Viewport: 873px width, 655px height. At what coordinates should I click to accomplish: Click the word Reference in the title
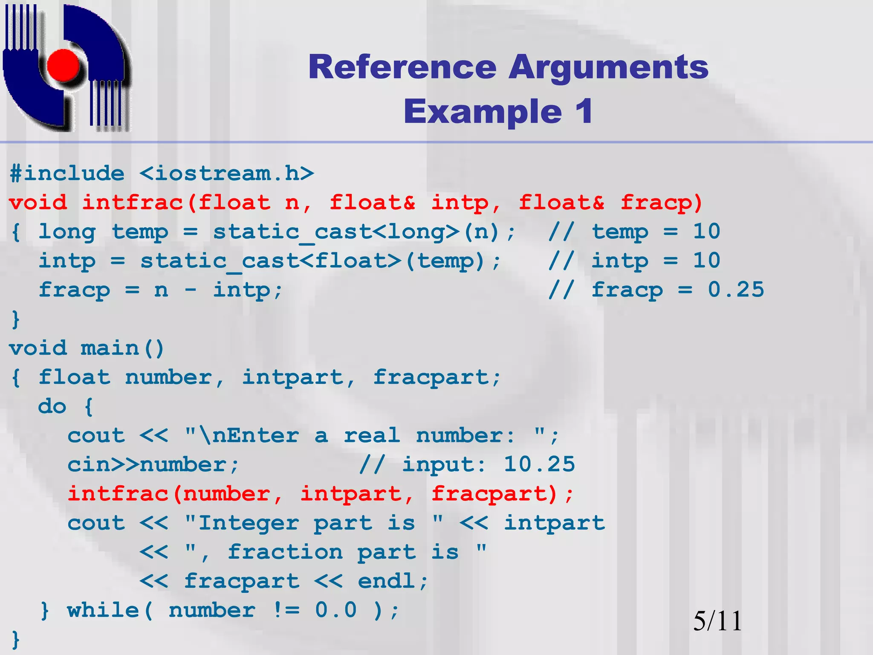402,67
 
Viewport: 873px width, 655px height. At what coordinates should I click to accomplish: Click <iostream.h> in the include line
227,174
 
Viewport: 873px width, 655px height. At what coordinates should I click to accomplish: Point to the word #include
67,174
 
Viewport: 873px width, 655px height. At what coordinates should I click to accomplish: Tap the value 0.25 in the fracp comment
736,290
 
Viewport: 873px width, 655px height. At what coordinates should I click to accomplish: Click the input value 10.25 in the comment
539,464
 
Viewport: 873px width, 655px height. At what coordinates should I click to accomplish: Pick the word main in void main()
110,348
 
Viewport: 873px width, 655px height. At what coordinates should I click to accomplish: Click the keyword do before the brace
52,406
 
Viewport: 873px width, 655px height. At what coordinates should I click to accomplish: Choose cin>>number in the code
147,464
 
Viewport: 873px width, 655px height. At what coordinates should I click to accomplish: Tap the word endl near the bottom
386,581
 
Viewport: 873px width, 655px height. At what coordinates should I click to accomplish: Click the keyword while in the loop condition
103,610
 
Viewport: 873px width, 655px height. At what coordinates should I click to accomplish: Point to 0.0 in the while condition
336,610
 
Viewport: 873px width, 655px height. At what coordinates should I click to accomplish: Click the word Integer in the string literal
249,523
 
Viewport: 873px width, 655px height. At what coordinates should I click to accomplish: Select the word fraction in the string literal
285,552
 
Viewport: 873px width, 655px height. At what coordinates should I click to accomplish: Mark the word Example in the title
483,112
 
